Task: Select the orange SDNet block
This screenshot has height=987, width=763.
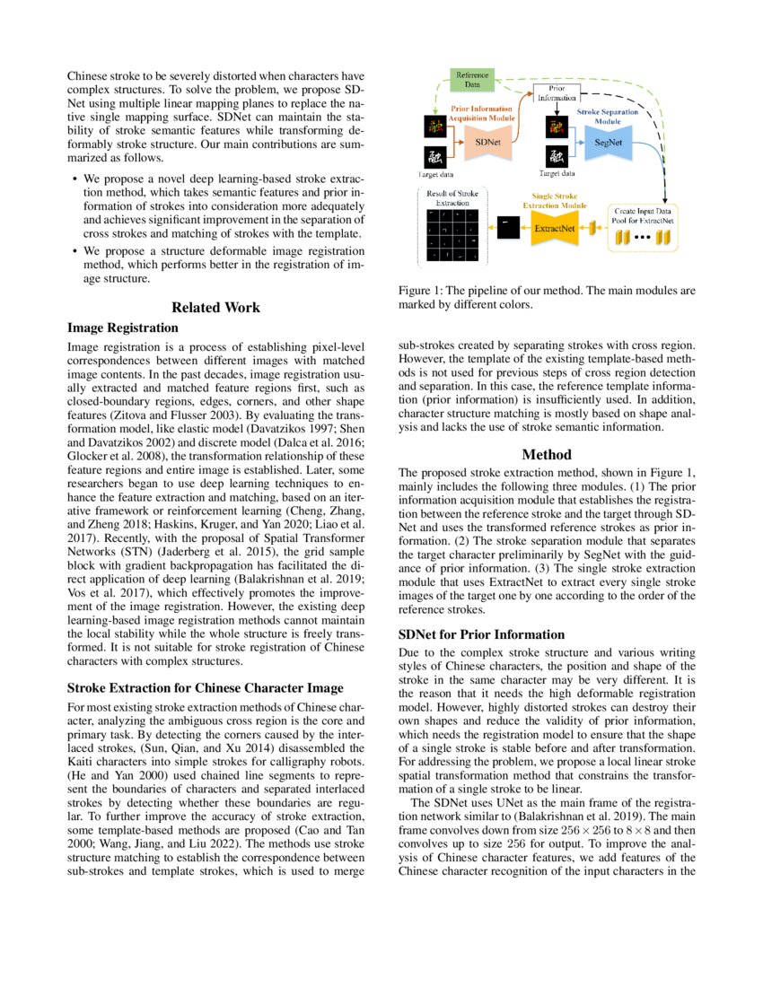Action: point(488,142)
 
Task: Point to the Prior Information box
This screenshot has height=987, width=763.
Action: point(557,92)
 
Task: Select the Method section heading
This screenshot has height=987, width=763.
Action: point(546,455)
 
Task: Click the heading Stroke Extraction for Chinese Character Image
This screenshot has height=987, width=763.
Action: point(206,688)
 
